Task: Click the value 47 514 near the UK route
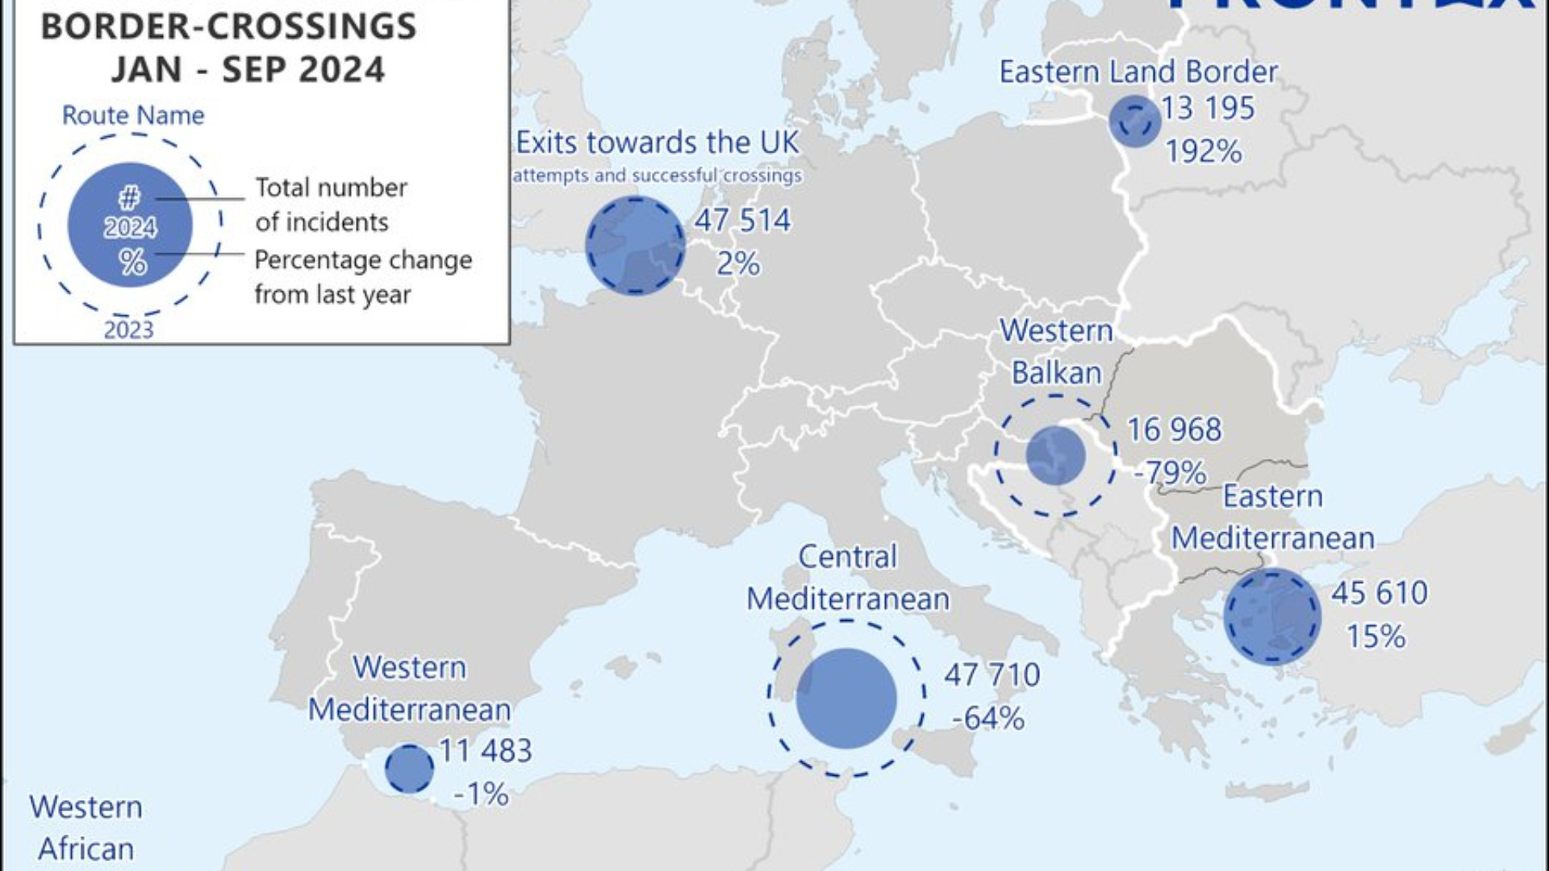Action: coord(742,221)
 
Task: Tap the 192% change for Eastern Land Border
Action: coord(1204,152)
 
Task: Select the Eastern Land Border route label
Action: coord(1138,73)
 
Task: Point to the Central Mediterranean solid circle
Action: coord(846,698)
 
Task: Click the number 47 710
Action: coord(992,675)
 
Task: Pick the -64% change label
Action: coord(988,718)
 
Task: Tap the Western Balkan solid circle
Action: coord(1055,456)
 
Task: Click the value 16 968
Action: coord(1174,430)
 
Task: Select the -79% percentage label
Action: coord(1170,473)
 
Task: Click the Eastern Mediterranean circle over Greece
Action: coord(1272,617)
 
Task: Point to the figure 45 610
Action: coord(1379,594)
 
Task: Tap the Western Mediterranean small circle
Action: coord(409,769)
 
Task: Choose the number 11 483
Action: coord(485,751)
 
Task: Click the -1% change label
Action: coord(481,794)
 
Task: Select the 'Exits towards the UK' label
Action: coord(658,144)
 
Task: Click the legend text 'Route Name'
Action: coord(133,116)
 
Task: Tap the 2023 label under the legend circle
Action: coord(128,330)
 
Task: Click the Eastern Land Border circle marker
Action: coord(1134,122)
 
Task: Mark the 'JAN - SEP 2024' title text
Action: coord(248,70)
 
